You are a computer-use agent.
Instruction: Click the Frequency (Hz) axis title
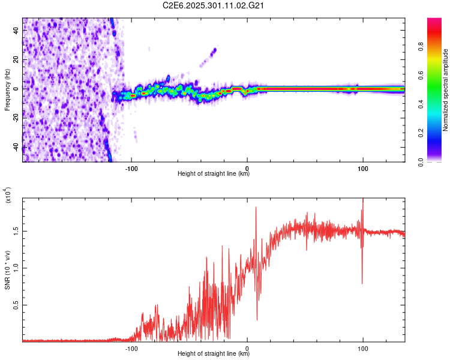7,90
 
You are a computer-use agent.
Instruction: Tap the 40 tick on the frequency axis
17,31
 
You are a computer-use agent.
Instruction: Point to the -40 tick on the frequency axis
17,147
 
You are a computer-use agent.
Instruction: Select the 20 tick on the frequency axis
17,60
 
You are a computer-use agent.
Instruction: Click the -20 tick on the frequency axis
17,118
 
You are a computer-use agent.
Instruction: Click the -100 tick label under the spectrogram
132,168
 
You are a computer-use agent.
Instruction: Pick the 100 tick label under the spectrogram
362,168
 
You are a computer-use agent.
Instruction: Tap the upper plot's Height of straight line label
214,174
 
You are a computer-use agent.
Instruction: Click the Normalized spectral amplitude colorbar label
446,90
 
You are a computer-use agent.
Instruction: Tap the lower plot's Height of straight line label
214,354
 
